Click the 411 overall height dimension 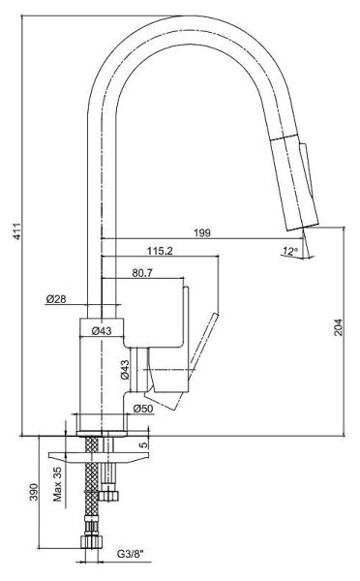(17, 231)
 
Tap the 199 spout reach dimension (202, 232)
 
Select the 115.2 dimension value (160, 251)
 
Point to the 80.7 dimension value (142, 273)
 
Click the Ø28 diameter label (56, 298)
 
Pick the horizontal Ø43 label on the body (101, 330)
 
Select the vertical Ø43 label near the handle (125, 370)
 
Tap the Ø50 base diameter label (143, 409)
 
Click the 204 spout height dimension (339, 327)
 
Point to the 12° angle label (290, 251)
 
